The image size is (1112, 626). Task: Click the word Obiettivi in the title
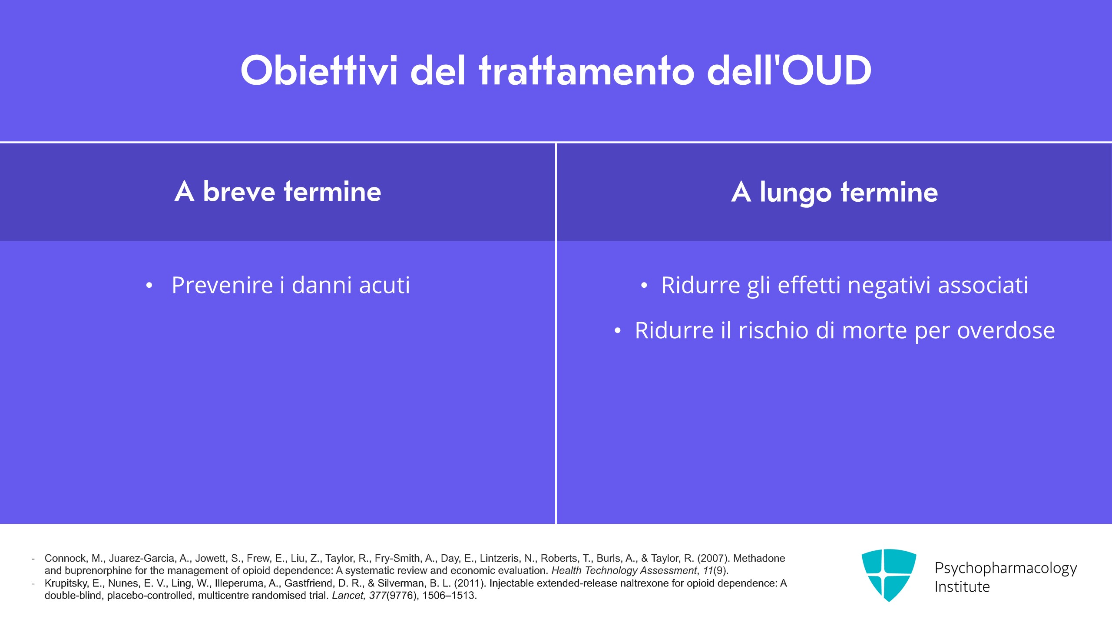tap(319, 70)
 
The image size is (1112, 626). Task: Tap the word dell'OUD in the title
tap(789, 70)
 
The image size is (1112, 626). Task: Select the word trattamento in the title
tap(587, 70)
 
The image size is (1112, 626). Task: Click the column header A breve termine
tap(278, 191)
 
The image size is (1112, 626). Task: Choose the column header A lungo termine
tap(834, 192)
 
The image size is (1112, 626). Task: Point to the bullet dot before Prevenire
tap(149, 286)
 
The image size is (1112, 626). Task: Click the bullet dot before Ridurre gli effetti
tap(644, 286)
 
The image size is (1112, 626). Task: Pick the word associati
tap(983, 285)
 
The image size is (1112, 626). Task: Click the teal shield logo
tap(889, 575)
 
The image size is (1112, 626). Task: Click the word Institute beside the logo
tap(962, 587)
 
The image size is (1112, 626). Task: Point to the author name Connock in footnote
tap(65, 558)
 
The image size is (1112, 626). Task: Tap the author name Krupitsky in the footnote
tap(66, 583)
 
